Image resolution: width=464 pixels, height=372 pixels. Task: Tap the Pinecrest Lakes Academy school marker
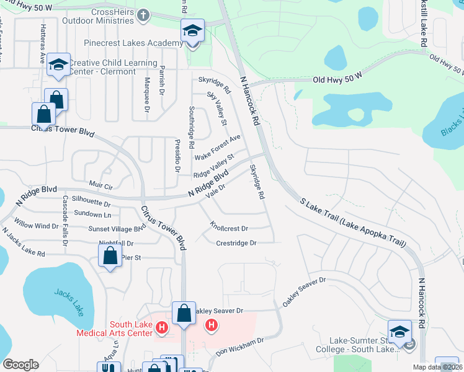click(x=192, y=30)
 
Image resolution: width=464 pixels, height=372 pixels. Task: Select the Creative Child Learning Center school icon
click(x=59, y=64)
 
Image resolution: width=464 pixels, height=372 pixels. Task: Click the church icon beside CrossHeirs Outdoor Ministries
click(x=143, y=15)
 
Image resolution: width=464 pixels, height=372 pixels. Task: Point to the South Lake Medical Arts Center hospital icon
click(x=162, y=327)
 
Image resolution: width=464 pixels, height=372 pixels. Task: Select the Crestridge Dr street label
click(x=236, y=243)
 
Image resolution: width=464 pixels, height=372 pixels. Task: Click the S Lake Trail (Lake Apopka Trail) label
click(x=352, y=223)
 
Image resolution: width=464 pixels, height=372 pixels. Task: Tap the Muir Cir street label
click(x=100, y=185)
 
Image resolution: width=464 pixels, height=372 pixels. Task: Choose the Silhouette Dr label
click(x=91, y=203)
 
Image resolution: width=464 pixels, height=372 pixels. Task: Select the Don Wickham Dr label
click(x=240, y=346)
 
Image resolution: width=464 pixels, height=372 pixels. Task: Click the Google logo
click(x=20, y=365)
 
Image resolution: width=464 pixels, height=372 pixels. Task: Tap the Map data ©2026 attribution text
click(x=438, y=367)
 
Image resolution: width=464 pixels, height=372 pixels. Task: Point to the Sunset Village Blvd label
click(x=117, y=228)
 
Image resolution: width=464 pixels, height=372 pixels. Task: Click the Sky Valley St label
click(x=216, y=108)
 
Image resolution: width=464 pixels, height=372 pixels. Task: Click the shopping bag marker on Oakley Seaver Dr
click(x=184, y=313)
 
